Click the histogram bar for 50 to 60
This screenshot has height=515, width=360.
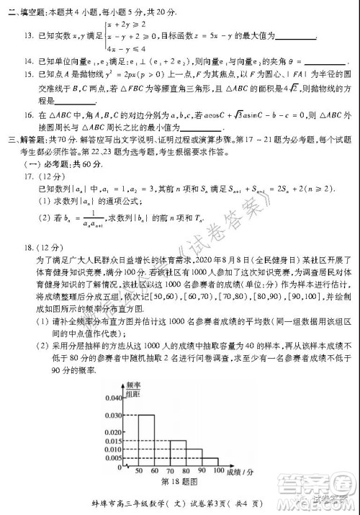145,439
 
